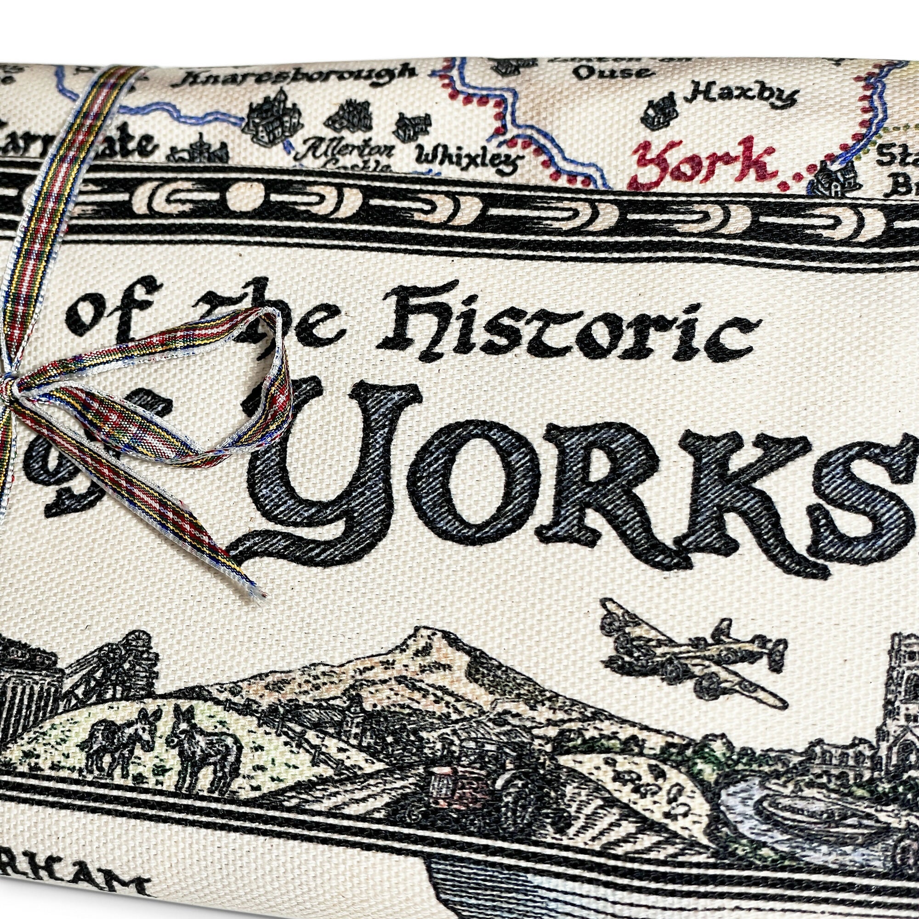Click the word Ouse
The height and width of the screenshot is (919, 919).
click(x=611, y=72)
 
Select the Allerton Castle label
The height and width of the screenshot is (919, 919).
click(x=350, y=154)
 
